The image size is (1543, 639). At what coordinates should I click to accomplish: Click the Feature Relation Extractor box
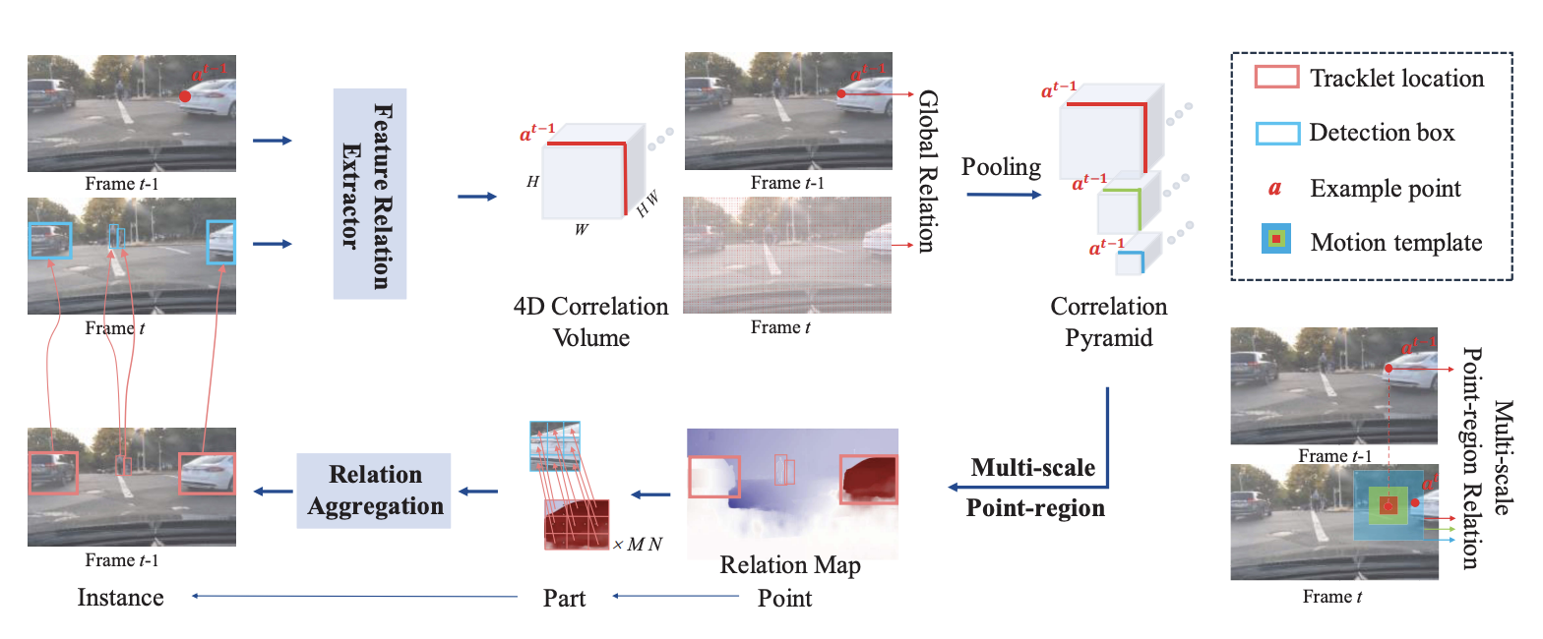pos(370,193)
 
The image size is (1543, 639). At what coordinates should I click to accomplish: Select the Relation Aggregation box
pos(374,490)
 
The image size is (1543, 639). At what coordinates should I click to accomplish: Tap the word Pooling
pos(1002,167)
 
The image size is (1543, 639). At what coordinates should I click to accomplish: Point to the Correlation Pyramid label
pos(1108,321)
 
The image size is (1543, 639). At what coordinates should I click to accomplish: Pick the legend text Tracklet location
pos(1396,79)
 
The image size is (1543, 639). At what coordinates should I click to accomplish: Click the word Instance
pos(120,597)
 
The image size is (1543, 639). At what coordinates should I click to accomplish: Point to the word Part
pos(564,597)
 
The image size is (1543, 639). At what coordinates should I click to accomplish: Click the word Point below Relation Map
pos(784,597)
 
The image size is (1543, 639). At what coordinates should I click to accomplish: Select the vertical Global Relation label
pos(928,172)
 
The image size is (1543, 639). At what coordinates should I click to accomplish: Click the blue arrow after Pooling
pos(1002,195)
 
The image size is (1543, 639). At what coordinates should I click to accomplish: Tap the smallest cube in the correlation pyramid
pos(1131,260)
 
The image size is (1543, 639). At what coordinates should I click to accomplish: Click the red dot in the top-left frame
pos(184,96)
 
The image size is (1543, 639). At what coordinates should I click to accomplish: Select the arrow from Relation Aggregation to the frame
pos(274,491)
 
